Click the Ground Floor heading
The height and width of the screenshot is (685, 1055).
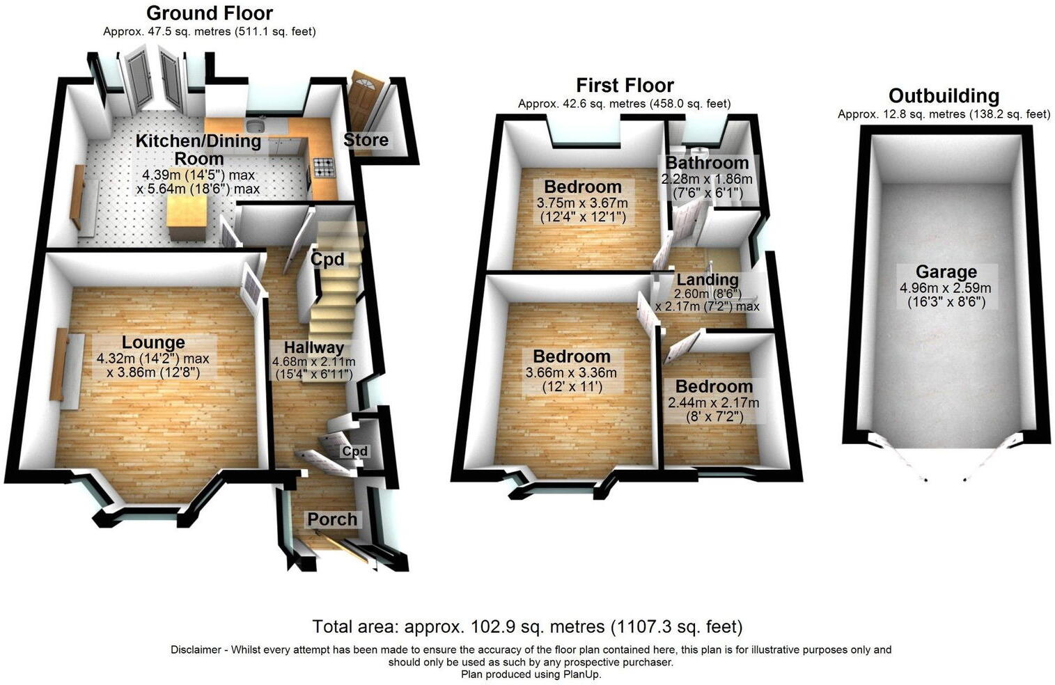pyautogui.click(x=210, y=13)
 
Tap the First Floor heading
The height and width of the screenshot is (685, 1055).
pyautogui.click(x=625, y=85)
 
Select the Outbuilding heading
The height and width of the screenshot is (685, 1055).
pyautogui.click(x=944, y=95)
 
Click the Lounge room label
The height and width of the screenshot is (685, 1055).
pyautogui.click(x=153, y=342)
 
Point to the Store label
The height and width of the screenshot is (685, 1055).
pyautogui.click(x=366, y=140)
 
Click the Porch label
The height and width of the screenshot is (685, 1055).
pyautogui.click(x=332, y=519)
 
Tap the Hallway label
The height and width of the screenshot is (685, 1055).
pyautogui.click(x=313, y=347)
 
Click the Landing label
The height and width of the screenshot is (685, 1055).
pyautogui.click(x=708, y=280)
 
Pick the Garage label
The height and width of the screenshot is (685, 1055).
pyautogui.click(x=946, y=272)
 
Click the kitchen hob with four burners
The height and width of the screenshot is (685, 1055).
pyautogui.click(x=324, y=167)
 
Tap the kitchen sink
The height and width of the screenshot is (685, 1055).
pyautogui.click(x=257, y=126)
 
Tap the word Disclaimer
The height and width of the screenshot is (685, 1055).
pyautogui.click(x=197, y=649)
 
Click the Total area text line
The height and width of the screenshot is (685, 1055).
pyautogui.click(x=527, y=627)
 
